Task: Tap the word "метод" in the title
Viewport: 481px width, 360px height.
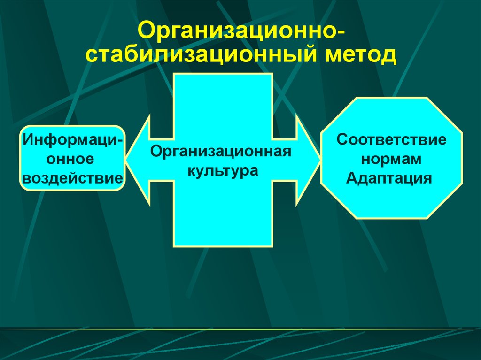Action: click(x=359, y=55)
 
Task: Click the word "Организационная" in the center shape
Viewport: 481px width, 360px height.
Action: click(x=221, y=152)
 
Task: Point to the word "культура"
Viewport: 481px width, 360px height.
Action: click(x=223, y=169)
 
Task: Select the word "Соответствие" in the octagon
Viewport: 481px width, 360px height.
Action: click(x=391, y=140)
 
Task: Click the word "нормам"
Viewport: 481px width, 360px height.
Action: click(x=391, y=159)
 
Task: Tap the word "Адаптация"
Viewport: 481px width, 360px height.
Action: click(x=388, y=178)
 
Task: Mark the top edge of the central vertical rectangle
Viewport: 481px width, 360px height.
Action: click(x=223, y=74)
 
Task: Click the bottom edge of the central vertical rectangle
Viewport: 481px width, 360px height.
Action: click(x=223, y=246)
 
